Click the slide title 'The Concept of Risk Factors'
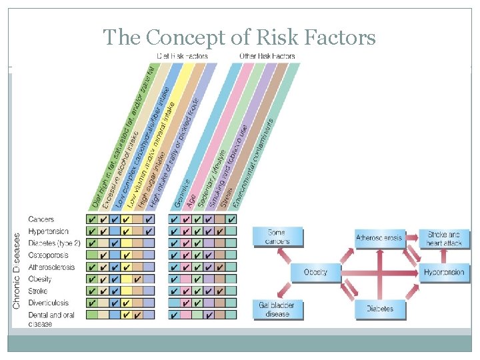tap(239, 37)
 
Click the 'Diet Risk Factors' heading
tap(181, 56)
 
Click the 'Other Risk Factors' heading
tap(267, 56)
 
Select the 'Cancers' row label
tap(41, 219)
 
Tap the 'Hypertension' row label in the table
tap(48, 231)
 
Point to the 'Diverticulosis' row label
tap(49, 303)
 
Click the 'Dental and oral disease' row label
tap(51, 319)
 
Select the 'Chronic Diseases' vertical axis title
tap(17, 270)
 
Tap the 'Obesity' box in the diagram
tap(315, 273)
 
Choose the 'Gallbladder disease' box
tap(277, 309)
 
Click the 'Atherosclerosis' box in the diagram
tap(379, 238)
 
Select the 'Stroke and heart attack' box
tap(444, 239)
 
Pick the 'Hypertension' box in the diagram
tap(444, 273)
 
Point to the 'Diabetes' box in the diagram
tap(379, 309)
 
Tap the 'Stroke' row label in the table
tap(37, 291)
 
